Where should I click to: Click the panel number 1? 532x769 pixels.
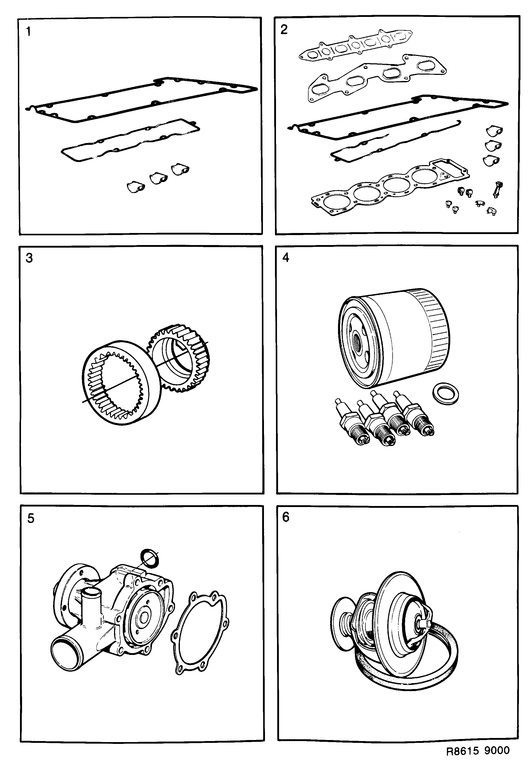click(28, 32)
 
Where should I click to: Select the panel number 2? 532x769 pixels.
click(284, 30)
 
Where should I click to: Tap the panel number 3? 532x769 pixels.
click(29, 258)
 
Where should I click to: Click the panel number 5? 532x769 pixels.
click(31, 518)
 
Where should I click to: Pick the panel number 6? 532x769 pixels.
click(286, 517)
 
